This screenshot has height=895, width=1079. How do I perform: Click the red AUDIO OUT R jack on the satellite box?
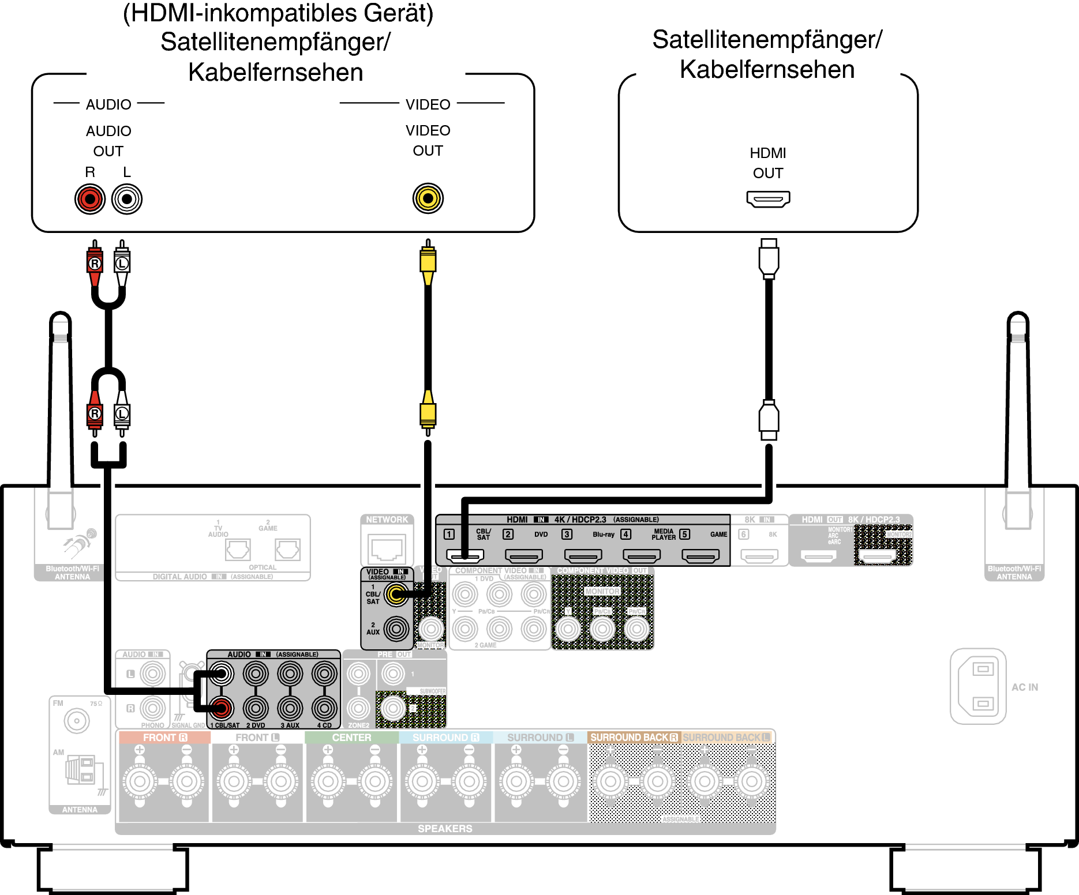90,200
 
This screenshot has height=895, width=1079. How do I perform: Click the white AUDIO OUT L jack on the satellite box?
127,200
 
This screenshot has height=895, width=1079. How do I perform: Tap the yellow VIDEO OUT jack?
428,198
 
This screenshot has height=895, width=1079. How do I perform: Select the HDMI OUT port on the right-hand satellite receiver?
768,200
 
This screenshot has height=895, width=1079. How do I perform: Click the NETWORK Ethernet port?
387,548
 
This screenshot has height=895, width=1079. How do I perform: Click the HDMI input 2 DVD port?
523,555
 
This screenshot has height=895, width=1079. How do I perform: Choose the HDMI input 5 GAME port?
700,555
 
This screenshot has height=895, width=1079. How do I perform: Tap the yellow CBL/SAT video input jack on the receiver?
396,594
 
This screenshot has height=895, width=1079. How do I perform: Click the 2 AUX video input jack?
396,629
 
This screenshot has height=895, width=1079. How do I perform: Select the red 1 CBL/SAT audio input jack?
221,708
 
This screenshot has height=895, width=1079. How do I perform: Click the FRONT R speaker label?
164,738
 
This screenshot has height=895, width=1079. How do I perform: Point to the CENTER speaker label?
351,738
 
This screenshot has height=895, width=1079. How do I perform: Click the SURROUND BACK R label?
634,738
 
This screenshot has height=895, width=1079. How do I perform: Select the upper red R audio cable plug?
95,262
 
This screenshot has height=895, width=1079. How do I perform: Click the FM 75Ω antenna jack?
77,720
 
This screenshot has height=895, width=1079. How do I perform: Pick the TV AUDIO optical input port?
238,549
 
